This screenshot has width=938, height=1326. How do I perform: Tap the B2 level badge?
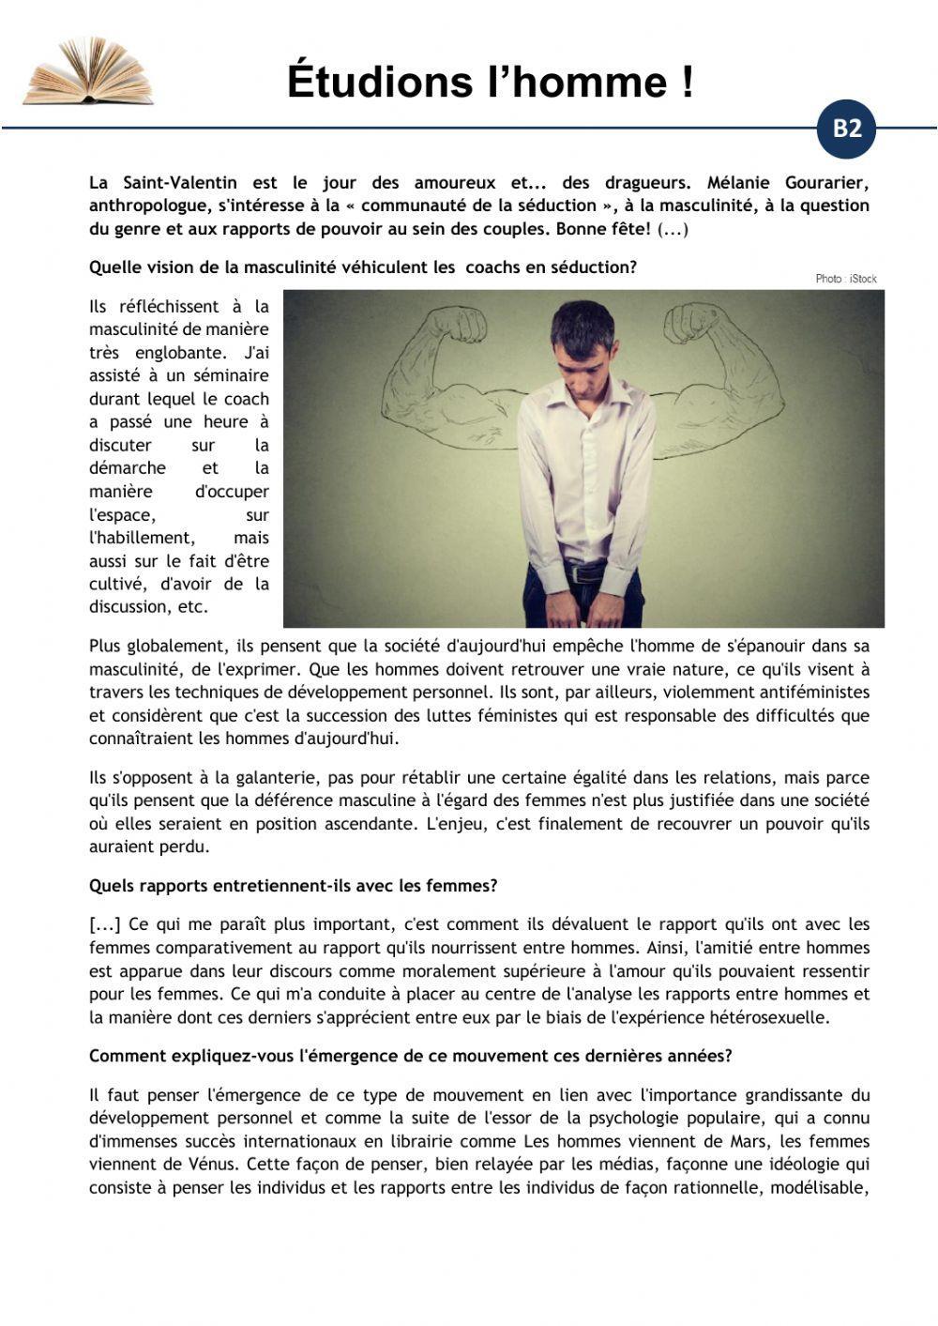tap(846, 129)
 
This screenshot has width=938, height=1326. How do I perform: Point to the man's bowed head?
tap(582, 337)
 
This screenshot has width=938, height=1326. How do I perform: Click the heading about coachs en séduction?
tap(362, 267)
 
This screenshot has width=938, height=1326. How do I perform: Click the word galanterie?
tap(235, 778)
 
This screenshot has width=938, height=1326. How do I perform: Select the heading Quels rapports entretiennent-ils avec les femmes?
tap(293, 886)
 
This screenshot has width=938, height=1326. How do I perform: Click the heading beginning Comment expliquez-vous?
tap(410, 1056)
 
